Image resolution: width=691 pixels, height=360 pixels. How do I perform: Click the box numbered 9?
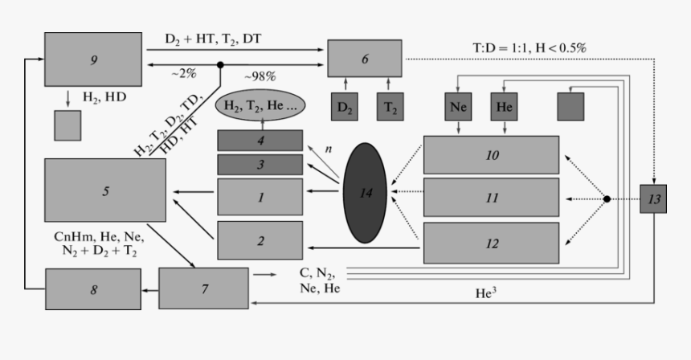(94, 59)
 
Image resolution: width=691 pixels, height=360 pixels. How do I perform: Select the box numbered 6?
(364, 58)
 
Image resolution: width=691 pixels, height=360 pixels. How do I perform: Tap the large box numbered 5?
(104, 190)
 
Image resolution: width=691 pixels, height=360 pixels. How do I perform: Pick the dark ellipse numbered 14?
(365, 191)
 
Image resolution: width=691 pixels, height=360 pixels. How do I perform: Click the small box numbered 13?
(653, 198)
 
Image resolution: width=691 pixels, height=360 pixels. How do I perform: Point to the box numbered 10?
(491, 154)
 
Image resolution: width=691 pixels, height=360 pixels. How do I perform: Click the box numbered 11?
(491, 198)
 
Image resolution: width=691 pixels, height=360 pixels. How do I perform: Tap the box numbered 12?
(491, 243)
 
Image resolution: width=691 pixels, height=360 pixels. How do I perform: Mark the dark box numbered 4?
(260, 140)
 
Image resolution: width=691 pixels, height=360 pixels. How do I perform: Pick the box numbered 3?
(260, 165)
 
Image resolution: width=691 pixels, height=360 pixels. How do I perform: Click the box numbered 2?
(260, 239)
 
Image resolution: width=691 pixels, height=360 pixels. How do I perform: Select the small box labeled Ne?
(458, 107)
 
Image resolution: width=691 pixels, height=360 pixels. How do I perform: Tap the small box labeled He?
(504, 107)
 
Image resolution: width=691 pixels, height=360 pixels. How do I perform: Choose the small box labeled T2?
(390, 107)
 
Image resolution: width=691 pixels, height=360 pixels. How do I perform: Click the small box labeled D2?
(345, 107)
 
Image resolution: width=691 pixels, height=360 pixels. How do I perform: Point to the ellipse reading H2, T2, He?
(260, 105)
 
